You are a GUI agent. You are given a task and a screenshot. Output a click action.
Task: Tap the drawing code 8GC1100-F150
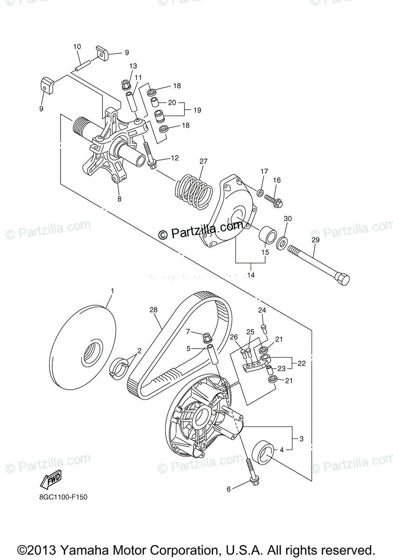63,497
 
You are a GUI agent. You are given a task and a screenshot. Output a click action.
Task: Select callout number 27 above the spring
203,161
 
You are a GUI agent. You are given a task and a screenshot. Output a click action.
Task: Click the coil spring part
193,191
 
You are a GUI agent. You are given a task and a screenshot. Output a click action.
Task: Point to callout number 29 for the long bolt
316,239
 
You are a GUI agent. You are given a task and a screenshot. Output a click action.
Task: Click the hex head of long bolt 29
343,279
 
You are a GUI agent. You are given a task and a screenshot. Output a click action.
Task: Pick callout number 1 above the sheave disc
112,291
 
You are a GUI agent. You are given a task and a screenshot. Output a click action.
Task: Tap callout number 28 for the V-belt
153,309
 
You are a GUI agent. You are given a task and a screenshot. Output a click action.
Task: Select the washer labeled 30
282,243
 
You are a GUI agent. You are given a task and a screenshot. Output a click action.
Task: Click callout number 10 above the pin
77,47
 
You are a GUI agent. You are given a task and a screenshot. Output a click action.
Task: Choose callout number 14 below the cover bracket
251,275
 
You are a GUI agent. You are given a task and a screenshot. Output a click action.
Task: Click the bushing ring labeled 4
262,452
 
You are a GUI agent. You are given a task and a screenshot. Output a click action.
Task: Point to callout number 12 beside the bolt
174,158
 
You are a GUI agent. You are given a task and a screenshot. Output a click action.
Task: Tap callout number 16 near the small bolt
277,180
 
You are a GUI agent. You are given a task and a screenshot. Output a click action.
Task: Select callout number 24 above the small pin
262,310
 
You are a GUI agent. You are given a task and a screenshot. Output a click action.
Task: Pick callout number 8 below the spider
119,199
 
